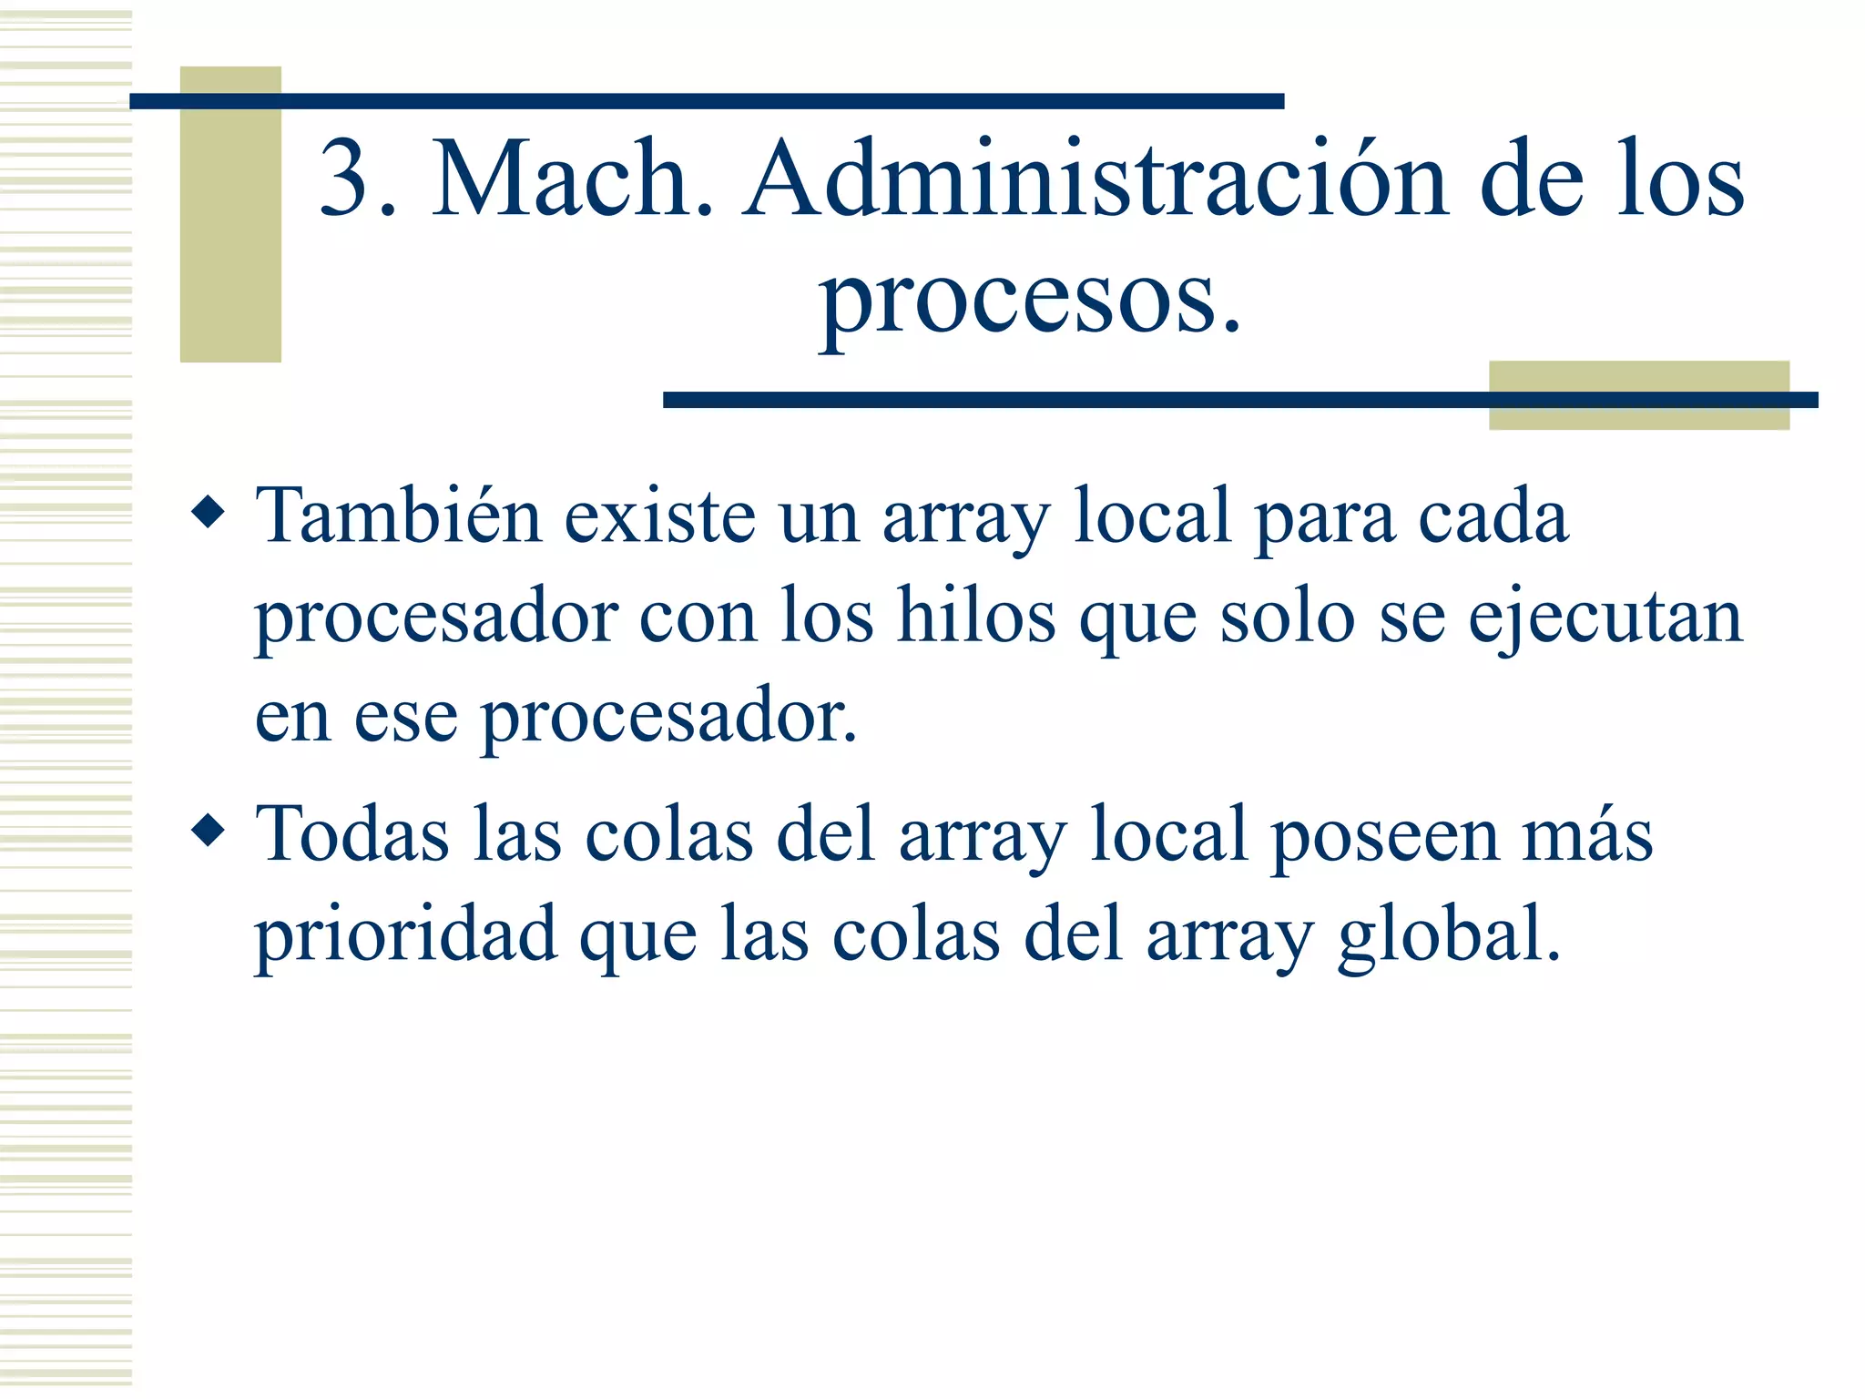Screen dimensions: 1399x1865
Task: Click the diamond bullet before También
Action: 209,512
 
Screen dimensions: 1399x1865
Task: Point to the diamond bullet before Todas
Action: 209,830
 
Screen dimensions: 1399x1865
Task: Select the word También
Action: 399,516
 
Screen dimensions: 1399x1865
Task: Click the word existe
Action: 660,517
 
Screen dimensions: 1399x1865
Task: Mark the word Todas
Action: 352,833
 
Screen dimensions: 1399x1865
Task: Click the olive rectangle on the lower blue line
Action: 1638,395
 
